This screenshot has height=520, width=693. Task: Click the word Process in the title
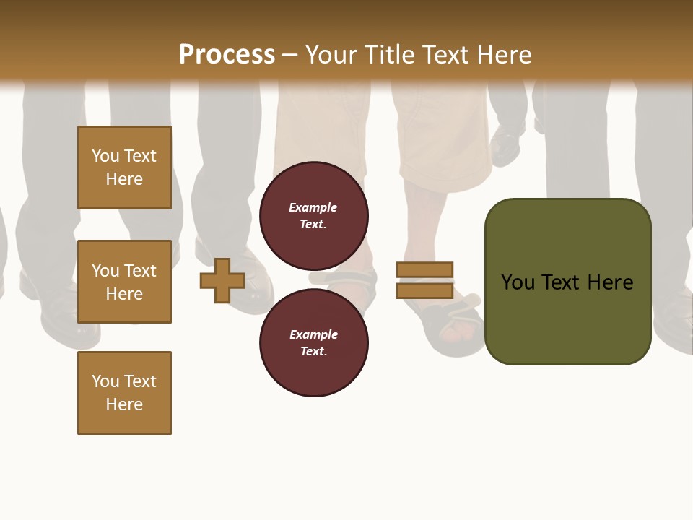(227, 55)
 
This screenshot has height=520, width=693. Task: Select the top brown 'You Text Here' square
(124, 168)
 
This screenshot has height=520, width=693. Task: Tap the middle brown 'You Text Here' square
(124, 282)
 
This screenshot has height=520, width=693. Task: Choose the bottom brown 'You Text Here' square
(124, 393)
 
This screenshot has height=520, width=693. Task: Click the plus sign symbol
(222, 281)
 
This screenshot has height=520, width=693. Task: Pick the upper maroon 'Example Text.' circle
(313, 215)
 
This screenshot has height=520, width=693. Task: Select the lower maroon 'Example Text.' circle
(313, 342)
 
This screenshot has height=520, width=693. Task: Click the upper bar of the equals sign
(424, 269)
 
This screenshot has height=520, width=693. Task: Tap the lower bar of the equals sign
(424, 291)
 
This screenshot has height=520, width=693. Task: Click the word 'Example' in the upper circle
(313, 207)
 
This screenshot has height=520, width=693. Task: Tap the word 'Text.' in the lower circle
(313, 352)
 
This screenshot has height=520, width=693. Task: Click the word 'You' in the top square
(105, 156)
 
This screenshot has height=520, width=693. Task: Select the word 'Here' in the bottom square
(124, 404)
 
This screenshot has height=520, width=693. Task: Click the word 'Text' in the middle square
(139, 271)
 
